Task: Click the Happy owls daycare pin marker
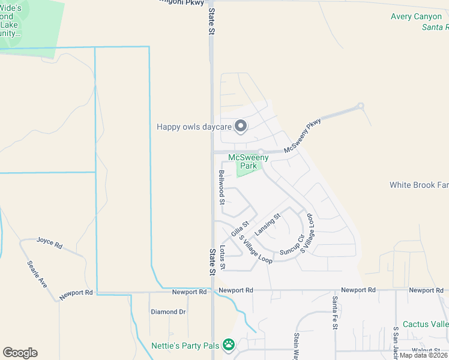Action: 241,126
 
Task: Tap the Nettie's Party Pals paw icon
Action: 228,345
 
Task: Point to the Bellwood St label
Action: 221,187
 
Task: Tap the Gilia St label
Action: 240,228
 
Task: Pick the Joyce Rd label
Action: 49,242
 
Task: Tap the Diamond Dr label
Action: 168,311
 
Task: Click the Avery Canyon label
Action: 416,17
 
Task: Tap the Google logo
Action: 20,353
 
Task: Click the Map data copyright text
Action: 423,355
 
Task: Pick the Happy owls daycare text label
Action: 194,127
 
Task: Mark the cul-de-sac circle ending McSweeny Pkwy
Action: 361,107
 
